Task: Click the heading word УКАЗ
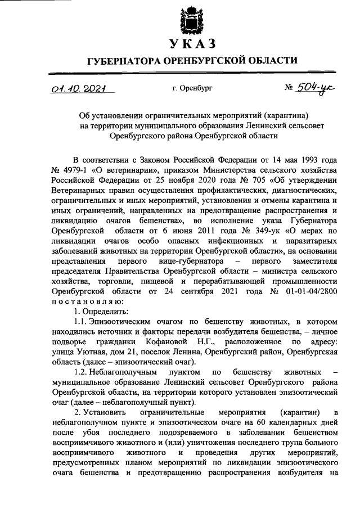tap(191, 44)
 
